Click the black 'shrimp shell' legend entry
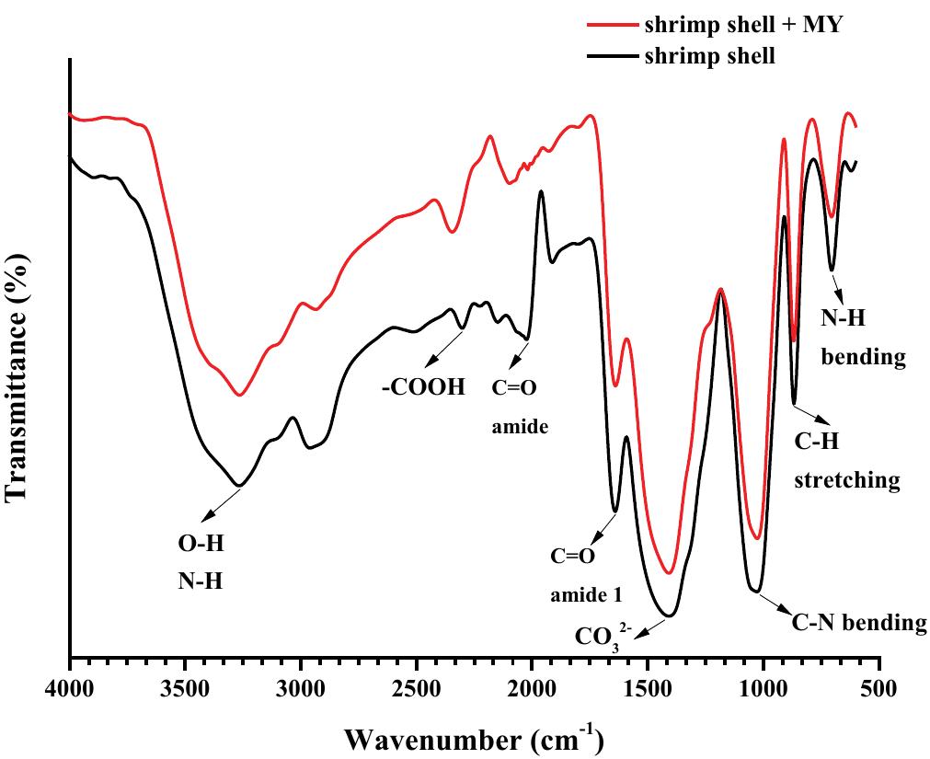(709, 56)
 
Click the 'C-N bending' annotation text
(858, 623)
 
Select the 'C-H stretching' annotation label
(846, 461)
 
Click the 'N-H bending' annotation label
(863, 337)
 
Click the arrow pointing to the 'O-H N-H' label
(217, 503)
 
